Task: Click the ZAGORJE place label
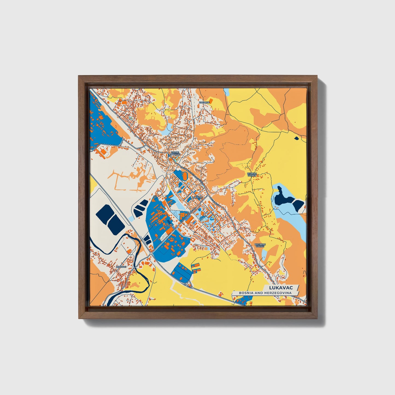(x=204, y=102)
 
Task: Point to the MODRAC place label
(x=121, y=267)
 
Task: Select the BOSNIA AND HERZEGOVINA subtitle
(x=264, y=293)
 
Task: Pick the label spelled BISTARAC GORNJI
(x=260, y=245)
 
